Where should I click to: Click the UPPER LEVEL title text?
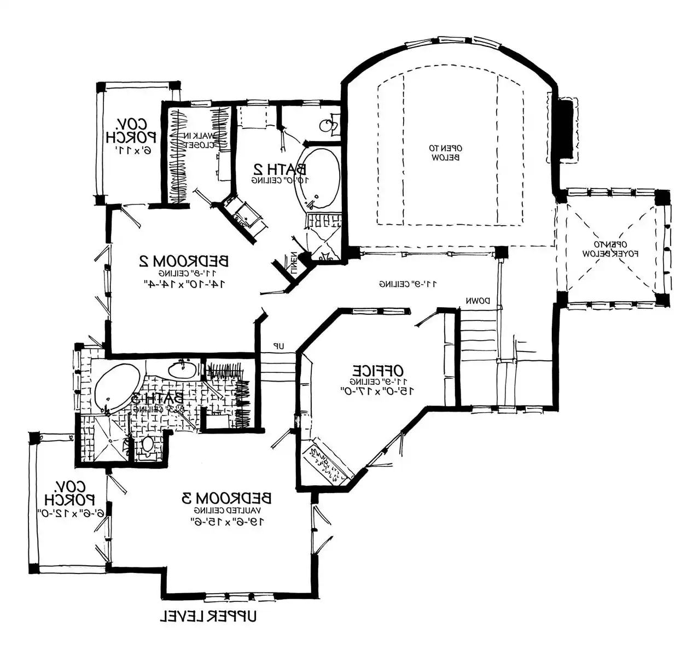[x=208, y=617]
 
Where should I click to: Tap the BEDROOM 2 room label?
[x=184, y=261]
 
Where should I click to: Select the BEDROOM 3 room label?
[x=226, y=498]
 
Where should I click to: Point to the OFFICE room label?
[x=377, y=369]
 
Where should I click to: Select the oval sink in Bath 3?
[x=182, y=370]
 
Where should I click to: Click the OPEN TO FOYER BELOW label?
[x=610, y=249]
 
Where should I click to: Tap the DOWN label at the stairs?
[x=477, y=301]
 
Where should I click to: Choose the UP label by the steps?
[x=278, y=346]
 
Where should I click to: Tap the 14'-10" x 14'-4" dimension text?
[x=184, y=283]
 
